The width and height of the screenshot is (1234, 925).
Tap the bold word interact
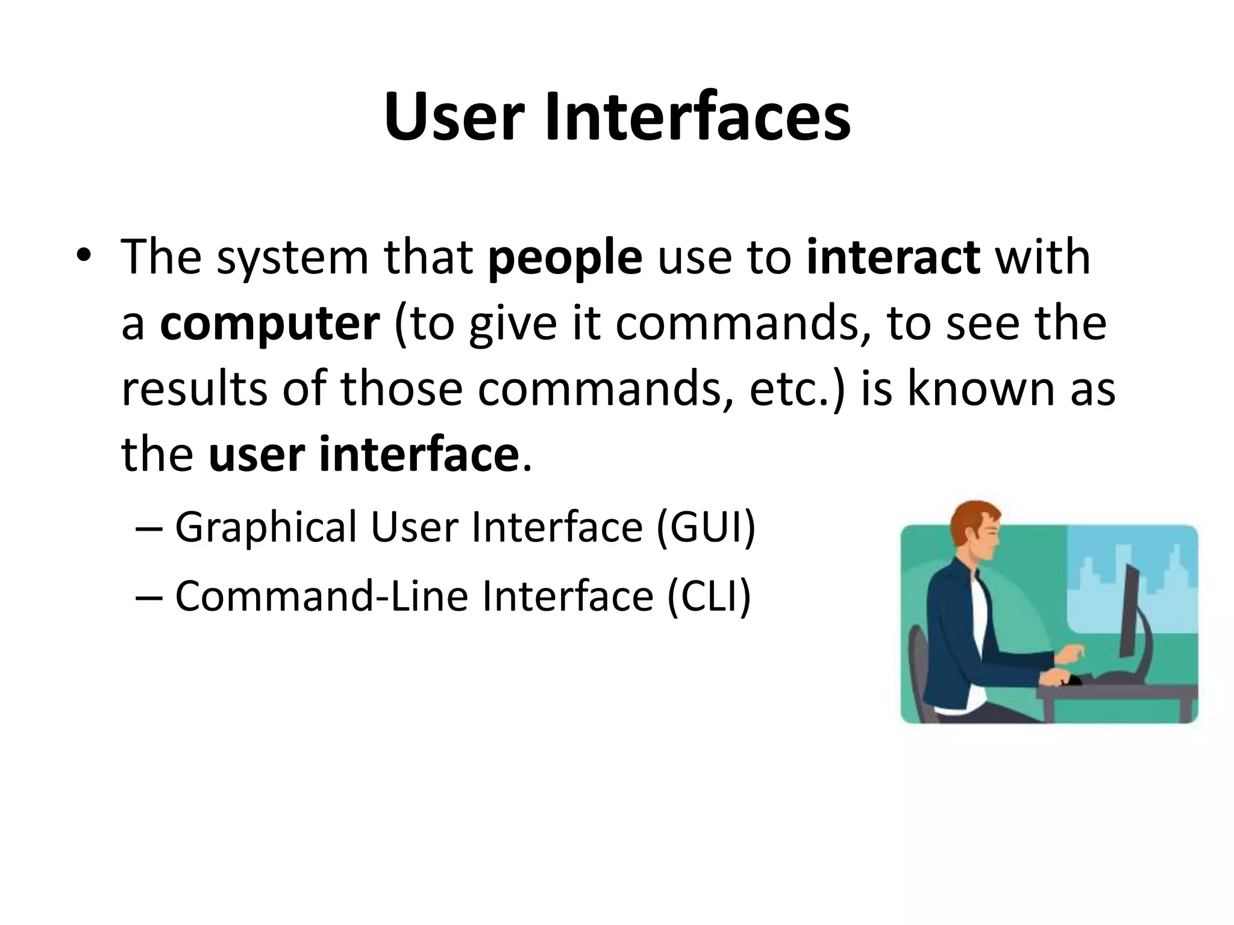click(894, 258)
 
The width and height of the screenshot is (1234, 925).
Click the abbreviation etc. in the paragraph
click(796, 390)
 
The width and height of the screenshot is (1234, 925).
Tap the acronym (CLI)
click(709, 596)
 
